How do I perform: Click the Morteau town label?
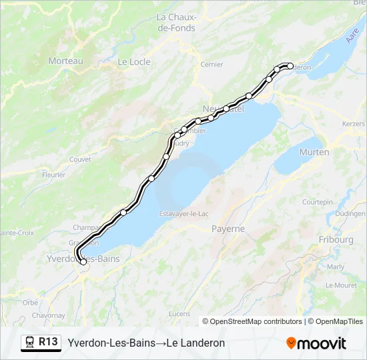(x=65, y=61)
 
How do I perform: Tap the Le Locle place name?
(x=134, y=62)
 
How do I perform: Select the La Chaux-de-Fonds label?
(x=175, y=23)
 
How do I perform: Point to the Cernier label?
(x=212, y=65)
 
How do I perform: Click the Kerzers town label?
(x=353, y=124)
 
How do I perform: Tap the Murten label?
(x=314, y=152)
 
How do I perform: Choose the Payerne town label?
(x=228, y=229)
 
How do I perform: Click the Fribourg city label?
(x=336, y=239)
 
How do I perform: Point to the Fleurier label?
(x=53, y=175)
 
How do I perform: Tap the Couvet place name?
(x=79, y=159)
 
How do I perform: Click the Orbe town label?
(x=30, y=302)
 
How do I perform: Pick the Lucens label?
(x=179, y=313)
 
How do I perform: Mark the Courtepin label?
(x=317, y=201)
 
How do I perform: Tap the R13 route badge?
(x=47, y=342)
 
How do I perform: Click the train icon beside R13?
(x=30, y=343)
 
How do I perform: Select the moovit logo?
(x=316, y=343)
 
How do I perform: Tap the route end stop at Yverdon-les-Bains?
(x=83, y=263)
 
